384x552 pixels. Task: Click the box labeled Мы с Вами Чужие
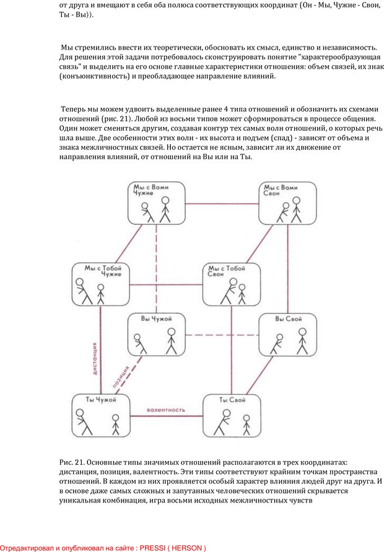(x=158, y=203)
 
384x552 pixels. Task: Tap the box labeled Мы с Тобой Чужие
(x=100, y=284)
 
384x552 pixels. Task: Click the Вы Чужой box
(x=156, y=335)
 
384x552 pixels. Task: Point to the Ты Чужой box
(x=101, y=416)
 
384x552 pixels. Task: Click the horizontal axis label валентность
(x=166, y=410)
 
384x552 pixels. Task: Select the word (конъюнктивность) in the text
(x=95, y=76)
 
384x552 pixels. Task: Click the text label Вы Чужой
(x=155, y=318)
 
